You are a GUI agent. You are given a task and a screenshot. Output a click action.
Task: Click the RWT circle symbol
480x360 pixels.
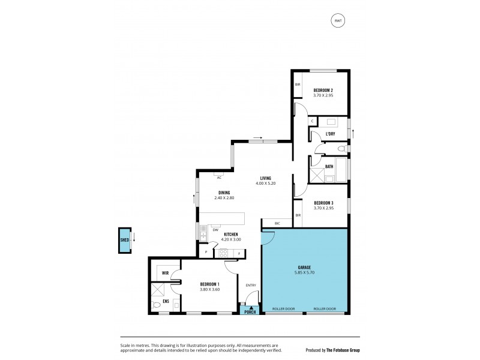point(338,21)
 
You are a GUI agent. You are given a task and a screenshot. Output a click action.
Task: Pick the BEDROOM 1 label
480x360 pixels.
point(210,284)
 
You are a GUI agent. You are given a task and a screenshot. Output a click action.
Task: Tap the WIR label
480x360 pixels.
point(165,273)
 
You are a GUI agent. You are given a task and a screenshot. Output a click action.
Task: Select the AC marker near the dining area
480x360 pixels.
point(220,178)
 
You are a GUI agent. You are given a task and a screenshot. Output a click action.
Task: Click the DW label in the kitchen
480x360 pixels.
point(215,226)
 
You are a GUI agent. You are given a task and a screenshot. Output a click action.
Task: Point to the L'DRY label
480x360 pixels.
point(330,133)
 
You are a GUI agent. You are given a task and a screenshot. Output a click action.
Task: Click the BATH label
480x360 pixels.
point(329,166)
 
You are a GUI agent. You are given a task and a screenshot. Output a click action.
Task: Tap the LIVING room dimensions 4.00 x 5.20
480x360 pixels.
point(265,184)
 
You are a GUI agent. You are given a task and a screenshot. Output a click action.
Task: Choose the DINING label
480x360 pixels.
point(224,193)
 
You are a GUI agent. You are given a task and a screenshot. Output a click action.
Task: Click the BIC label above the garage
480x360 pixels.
point(277,223)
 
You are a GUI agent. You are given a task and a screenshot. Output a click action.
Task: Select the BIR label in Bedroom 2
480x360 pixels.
point(297,85)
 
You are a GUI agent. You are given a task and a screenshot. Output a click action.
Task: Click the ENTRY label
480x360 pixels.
point(250,285)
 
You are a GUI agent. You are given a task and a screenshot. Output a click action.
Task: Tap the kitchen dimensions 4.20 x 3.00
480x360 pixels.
point(230,239)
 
